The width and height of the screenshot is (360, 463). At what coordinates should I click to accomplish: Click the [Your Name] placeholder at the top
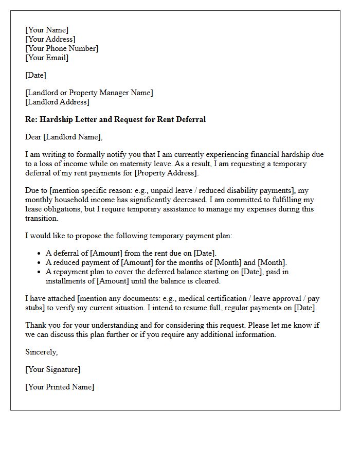[x=47, y=30]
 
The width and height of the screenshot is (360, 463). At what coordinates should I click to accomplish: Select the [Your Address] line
[x=50, y=39]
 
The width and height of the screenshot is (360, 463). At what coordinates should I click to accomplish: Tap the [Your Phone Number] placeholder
[x=62, y=48]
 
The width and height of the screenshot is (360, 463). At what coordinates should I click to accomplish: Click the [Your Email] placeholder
[x=47, y=58]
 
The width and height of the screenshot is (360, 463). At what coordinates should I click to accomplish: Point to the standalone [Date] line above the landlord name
[x=35, y=75]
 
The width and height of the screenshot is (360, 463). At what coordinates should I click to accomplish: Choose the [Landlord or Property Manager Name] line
[x=89, y=93]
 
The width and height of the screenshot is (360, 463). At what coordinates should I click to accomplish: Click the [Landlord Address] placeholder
[x=57, y=102]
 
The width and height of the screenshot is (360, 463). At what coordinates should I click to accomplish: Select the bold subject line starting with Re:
[x=115, y=119]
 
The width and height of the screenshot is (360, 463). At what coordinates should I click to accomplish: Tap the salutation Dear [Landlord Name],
[x=64, y=137]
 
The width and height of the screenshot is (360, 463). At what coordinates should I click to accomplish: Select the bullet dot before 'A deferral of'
[x=40, y=254]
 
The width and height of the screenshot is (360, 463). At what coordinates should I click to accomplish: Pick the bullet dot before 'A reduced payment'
[x=40, y=263]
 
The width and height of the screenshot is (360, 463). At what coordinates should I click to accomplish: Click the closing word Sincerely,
[x=42, y=352]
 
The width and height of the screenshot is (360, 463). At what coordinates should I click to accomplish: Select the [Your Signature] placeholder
[x=53, y=369]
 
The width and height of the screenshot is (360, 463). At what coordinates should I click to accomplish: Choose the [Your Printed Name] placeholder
[x=60, y=387]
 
